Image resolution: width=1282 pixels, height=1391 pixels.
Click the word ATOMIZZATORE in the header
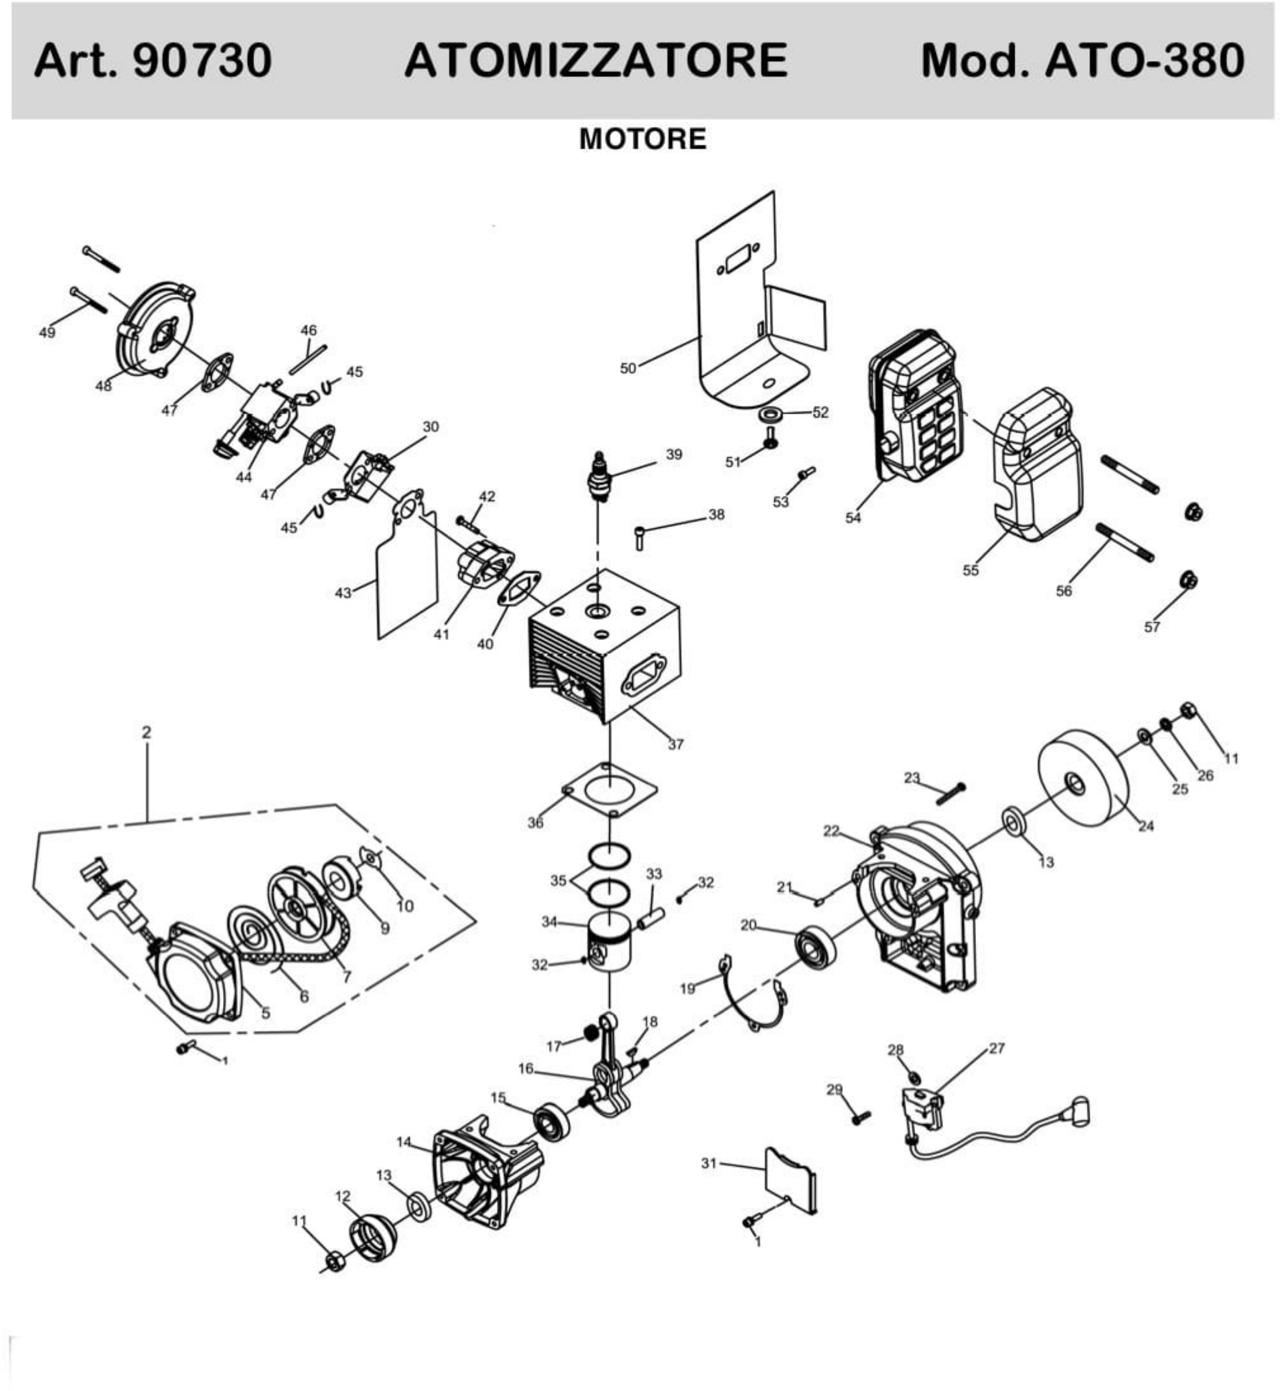595,61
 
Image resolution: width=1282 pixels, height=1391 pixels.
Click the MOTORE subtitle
642,139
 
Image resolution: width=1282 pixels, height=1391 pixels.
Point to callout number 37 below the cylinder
675,745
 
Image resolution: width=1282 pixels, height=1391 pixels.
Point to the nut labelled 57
1190,579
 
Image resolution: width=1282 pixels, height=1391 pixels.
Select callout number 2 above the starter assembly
146,732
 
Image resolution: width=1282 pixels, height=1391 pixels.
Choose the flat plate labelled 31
790,1179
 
